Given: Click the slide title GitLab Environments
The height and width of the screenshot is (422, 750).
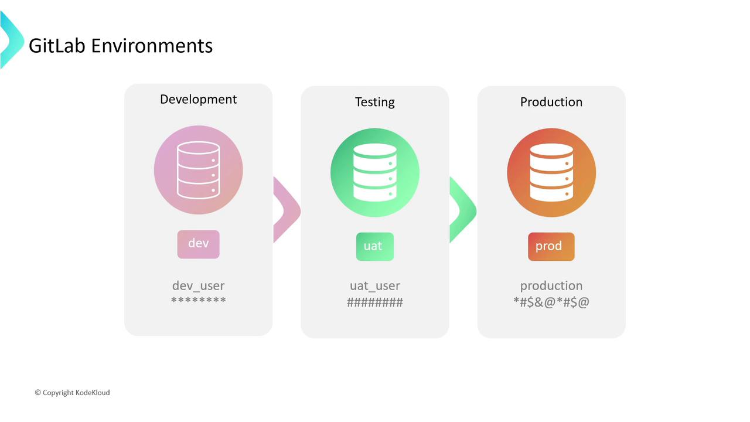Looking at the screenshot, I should [x=121, y=46].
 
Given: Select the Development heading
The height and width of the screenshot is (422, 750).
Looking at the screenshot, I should [x=198, y=99].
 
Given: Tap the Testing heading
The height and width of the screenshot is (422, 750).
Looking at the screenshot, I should [x=375, y=102].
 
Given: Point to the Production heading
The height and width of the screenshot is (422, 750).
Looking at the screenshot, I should [x=551, y=102].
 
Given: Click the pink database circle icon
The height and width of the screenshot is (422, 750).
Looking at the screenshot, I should [x=199, y=170].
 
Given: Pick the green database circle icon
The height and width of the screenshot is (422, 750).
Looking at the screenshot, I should [x=375, y=173].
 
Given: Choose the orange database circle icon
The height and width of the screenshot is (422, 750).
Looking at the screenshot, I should [x=551, y=173].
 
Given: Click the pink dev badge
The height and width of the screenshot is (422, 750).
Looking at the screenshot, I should [x=199, y=244].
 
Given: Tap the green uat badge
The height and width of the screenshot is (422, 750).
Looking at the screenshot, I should [x=375, y=247].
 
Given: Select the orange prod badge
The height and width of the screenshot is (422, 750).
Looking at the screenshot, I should [x=551, y=247].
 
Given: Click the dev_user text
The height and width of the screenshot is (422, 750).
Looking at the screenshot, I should [x=199, y=286].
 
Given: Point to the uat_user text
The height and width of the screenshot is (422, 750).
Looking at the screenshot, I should [x=375, y=286].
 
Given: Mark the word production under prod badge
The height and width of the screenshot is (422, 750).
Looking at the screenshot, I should [x=551, y=286].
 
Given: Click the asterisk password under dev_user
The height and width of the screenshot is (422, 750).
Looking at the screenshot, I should [x=199, y=301].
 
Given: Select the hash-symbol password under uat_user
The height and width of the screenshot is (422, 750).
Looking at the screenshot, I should [x=375, y=302].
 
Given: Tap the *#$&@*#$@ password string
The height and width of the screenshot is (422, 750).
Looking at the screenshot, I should [x=551, y=302].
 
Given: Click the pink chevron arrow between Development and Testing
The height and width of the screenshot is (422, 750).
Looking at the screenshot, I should [x=287, y=210].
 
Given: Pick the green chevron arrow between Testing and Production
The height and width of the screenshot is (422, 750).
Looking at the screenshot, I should [x=463, y=210].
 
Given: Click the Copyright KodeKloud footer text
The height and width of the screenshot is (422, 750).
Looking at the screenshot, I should [x=72, y=393].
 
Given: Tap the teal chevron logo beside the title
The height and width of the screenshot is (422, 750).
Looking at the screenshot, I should [x=11, y=40].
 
